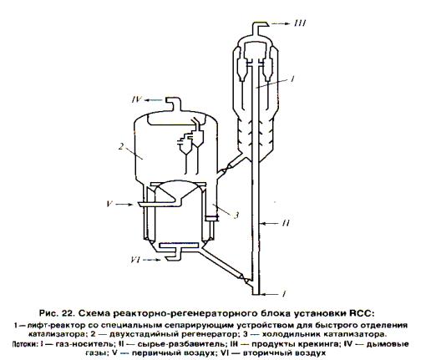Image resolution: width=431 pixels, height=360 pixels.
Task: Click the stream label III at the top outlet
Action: [300, 23]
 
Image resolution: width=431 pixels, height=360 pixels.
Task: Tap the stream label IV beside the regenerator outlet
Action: [137, 99]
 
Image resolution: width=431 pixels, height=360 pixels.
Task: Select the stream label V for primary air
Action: [109, 204]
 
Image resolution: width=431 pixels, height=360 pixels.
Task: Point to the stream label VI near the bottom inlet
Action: [135, 260]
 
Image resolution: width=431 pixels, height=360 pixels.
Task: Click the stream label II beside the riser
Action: [286, 223]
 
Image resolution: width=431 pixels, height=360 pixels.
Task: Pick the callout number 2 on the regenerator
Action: [121, 146]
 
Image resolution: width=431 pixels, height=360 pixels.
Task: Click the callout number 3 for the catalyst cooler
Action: [236, 215]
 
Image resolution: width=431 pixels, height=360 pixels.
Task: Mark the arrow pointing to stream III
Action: [281, 24]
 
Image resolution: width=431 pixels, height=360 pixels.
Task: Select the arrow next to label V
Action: [124, 205]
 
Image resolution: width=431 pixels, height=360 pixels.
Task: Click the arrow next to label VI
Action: [152, 260]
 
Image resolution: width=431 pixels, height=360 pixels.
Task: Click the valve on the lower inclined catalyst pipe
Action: [243, 279]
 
